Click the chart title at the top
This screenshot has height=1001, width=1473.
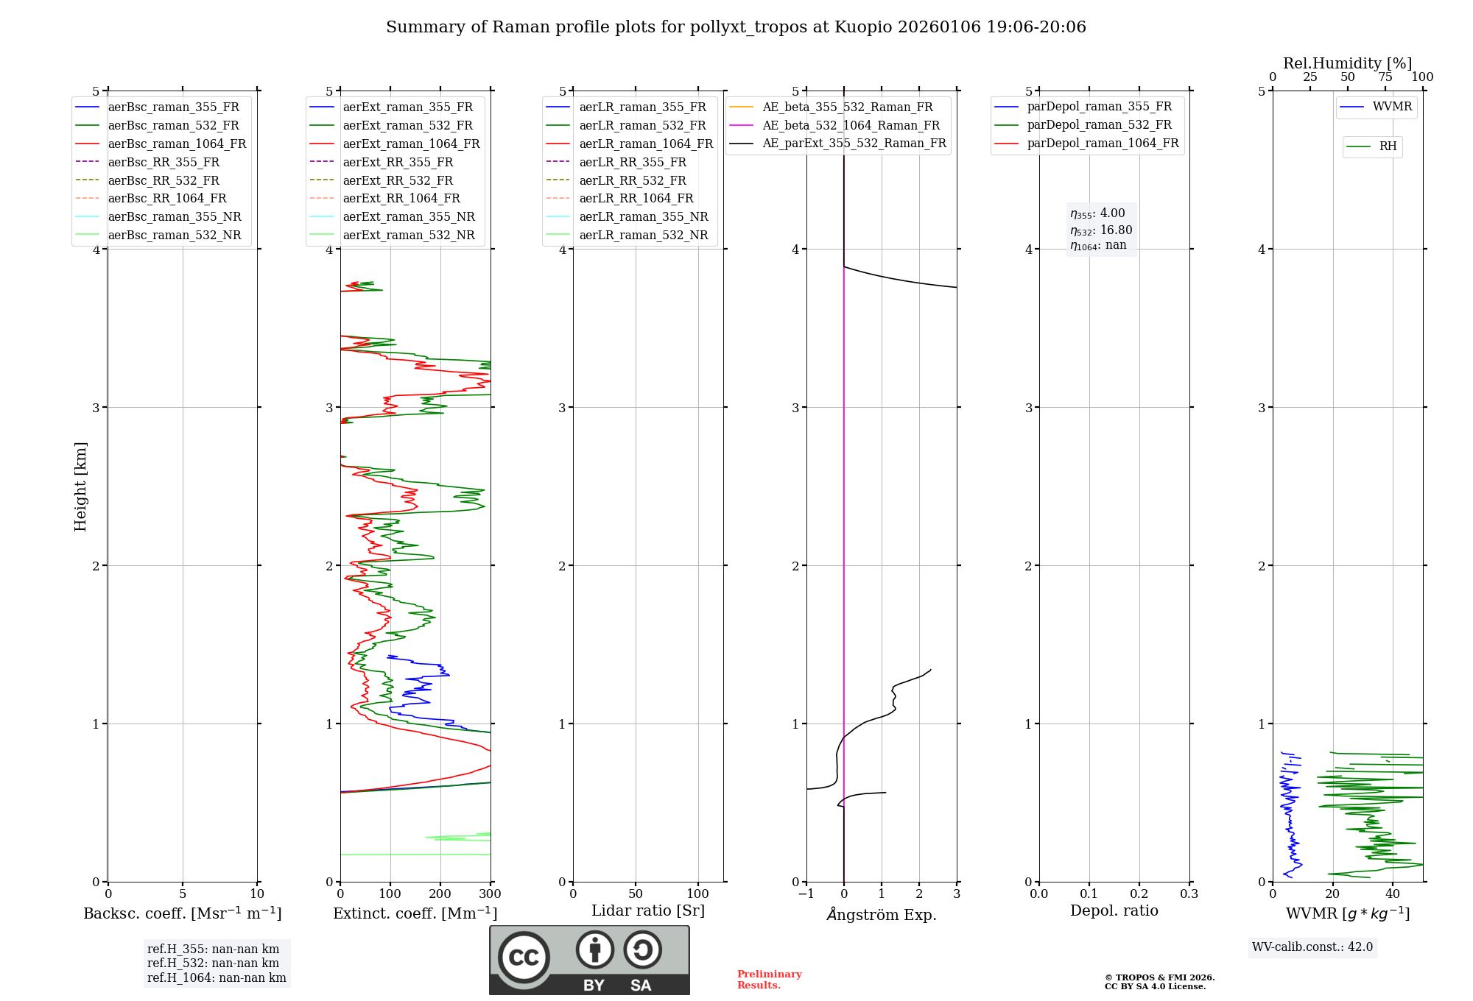(736, 27)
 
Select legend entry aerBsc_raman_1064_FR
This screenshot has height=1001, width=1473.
(177, 144)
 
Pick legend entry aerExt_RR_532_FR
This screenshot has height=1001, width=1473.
(398, 180)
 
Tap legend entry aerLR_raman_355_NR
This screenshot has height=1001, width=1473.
(643, 216)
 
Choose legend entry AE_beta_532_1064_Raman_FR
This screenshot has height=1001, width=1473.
(851, 125)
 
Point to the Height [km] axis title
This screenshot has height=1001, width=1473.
(80, 486)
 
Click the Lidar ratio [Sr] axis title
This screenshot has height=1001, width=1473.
(648, 910)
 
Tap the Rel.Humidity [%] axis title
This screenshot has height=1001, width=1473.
(1347, 63)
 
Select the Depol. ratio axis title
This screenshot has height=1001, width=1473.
(1114, 910)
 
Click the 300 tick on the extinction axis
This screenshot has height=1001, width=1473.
(491, 894)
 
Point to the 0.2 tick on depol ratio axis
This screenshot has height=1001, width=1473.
(1139, 894)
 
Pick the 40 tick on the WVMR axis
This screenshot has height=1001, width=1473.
(1393, 894)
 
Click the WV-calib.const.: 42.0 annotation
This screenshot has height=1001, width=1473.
(1312, 947)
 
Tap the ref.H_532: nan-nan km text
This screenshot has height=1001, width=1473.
(213, 963)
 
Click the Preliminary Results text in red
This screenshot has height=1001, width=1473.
(769, 980)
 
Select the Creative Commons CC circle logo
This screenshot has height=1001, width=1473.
(524, 958)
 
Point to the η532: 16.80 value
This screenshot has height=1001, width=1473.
(1101, 230)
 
